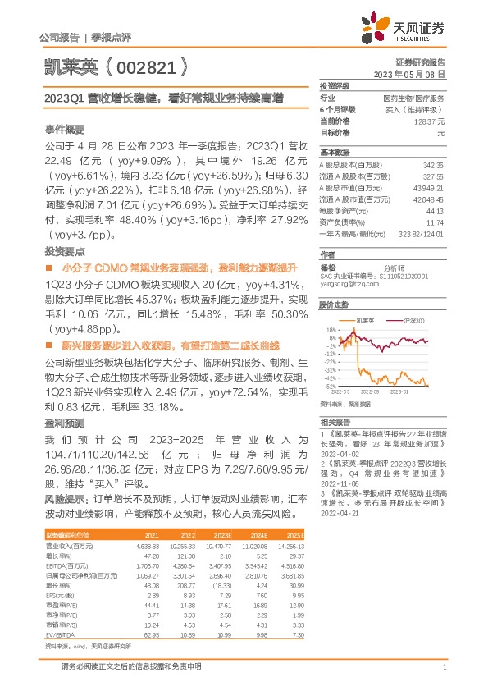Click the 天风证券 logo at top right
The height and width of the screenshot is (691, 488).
pos(408,29)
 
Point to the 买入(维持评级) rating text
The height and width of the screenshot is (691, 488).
pos(415,109)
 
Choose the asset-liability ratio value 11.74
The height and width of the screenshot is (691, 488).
pos(436,222)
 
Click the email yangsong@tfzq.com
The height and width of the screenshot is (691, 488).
pos(345,283)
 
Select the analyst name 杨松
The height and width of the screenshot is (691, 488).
pos(328,267)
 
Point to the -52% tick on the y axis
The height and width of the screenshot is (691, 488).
pos(329,386)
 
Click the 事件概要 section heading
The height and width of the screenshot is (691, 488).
pos(63,130)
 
